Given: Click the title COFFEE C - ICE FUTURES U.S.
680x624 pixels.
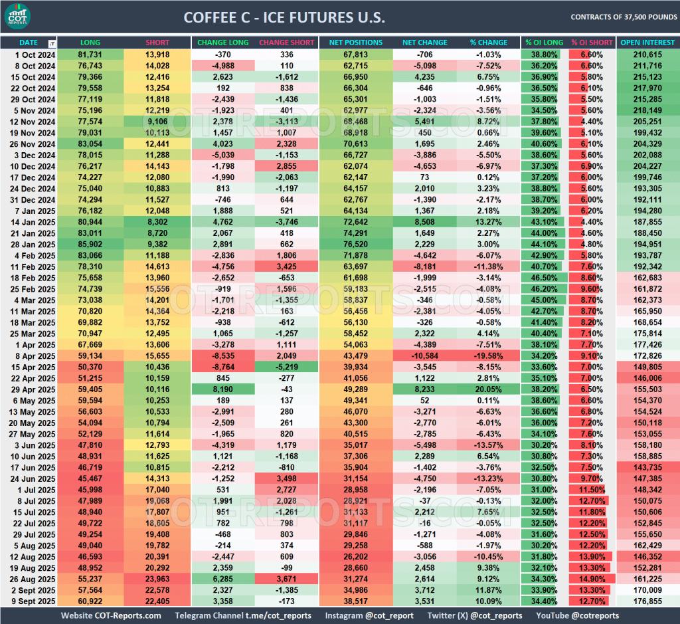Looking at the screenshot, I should [x=284, y=17].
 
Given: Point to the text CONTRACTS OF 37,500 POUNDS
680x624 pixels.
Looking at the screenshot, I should [x=623, y=17].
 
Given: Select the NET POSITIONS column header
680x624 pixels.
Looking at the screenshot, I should [x=355, y=43].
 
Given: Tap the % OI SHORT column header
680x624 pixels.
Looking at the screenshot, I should [x=592, y=43].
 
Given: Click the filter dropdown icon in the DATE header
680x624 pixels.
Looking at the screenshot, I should [x=52, y=43].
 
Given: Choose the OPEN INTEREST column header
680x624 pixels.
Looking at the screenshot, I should [x=647, y=43].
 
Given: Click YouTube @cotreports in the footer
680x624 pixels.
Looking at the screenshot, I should [x=576, y=616].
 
